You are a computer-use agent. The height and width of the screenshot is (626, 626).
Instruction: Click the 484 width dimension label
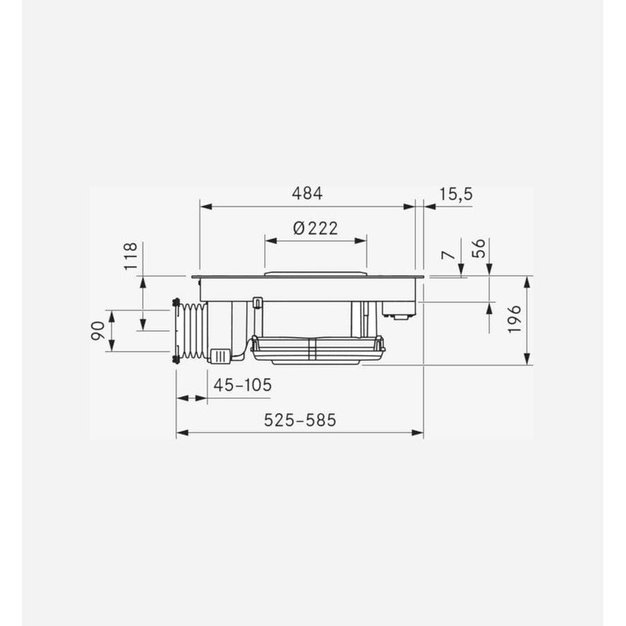(x=307, y=193)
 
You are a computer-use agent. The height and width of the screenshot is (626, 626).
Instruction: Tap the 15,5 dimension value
(x=456, y=194)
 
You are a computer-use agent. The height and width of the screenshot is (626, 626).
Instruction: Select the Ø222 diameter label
(x=315, y=228)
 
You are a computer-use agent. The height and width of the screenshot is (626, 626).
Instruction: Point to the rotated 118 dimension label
(x=131, y=256)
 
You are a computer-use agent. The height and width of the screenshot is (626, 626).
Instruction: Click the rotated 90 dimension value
(x=99, y=331)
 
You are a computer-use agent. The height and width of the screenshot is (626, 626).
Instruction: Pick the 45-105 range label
(x=243, y=385)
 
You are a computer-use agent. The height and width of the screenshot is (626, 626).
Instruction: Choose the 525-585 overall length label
(x=300, y=420)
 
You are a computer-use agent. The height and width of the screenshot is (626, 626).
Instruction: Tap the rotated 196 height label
(x=515, y=318)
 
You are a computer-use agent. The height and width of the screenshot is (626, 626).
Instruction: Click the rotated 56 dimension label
(x=478, y=248)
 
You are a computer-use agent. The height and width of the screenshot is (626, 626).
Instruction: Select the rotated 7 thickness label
(x=449, y=255)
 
